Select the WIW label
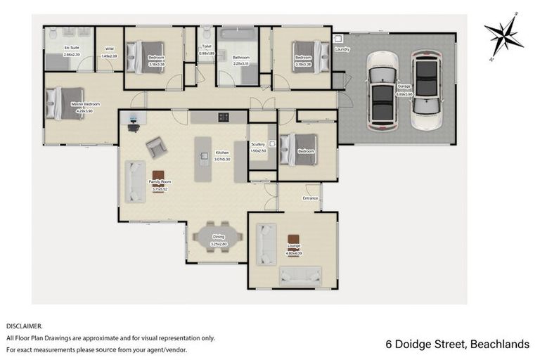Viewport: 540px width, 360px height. tap(108, 49)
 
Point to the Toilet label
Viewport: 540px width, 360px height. tap(206, 49)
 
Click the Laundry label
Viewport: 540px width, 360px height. tap(343, 49)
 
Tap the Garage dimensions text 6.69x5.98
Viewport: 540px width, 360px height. tap(404, 94)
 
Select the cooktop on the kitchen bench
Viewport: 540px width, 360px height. tap(224, 117)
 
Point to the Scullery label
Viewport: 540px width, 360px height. tap(258, 144)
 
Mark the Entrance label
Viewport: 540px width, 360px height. tap(310, 198)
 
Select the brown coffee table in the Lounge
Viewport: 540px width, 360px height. tap(292, 240)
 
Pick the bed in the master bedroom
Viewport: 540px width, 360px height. tap(65, 103)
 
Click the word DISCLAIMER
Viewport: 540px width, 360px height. tap(25, 326)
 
